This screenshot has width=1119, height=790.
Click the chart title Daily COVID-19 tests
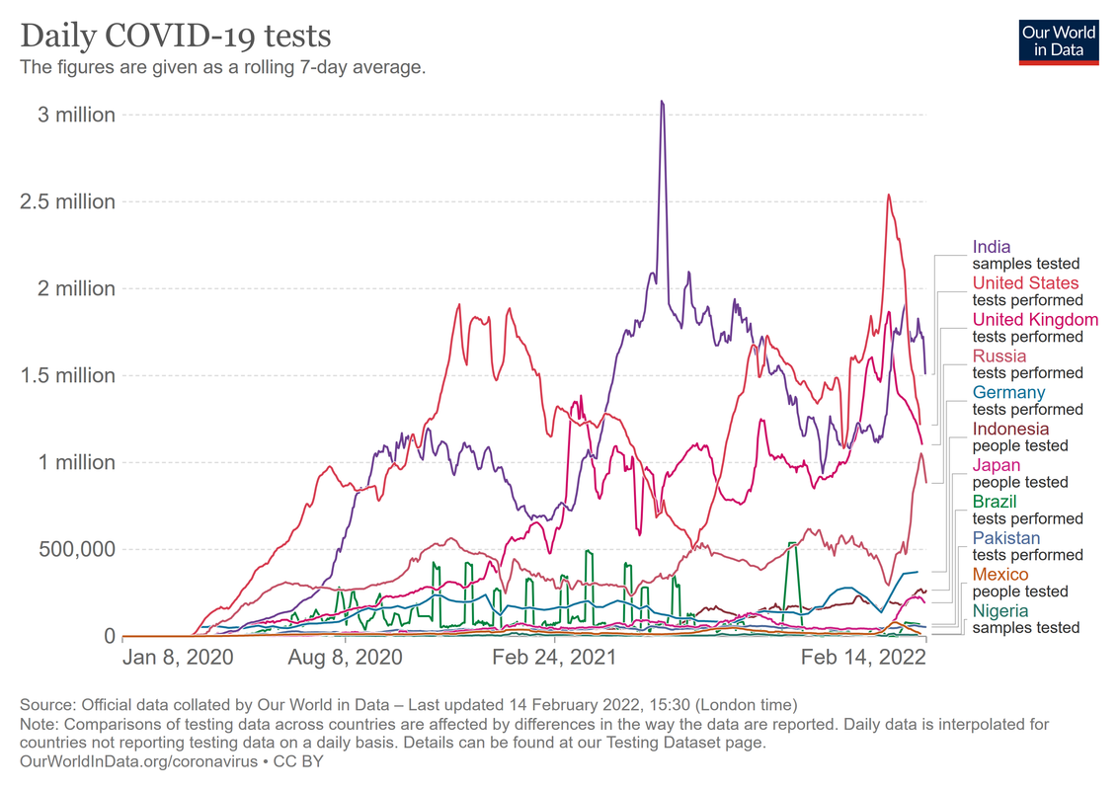176,37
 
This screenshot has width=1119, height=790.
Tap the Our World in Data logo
1059,40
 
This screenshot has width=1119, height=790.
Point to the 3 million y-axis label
77,115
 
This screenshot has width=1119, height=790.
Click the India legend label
992,247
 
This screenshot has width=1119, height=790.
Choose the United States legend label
1025,283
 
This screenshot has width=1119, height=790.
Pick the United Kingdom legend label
1035,320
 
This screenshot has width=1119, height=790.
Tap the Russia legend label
999,355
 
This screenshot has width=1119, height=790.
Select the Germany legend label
1008,392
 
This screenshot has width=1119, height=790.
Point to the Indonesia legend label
1010,429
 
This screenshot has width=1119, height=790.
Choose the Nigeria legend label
999,611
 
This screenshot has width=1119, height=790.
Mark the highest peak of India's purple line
662,102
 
